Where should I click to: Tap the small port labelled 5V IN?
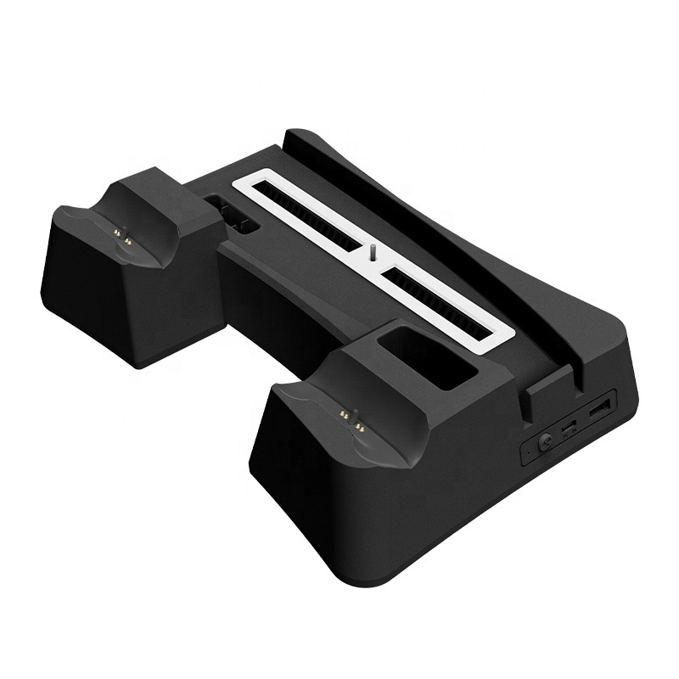click(569, 425)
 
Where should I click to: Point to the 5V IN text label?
click(570, 435)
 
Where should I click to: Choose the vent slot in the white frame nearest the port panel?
click(442, 300)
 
